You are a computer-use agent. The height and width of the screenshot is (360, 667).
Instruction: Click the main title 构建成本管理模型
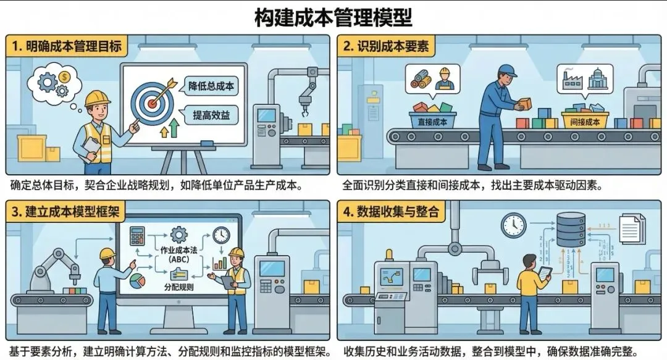point(333,17)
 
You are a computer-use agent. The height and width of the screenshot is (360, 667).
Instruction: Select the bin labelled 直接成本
point(432,121)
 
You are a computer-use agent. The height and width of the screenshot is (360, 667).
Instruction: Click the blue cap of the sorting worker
point(508,70)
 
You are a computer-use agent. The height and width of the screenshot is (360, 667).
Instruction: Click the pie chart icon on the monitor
point(137,280)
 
